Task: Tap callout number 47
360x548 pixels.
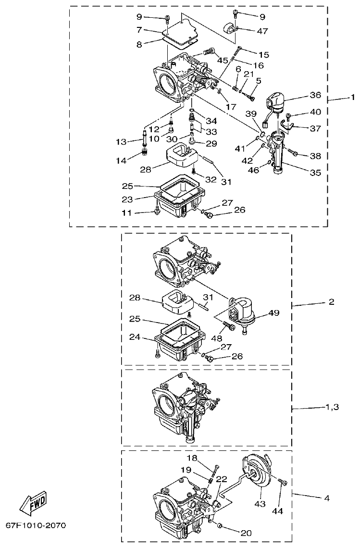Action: point(262,31)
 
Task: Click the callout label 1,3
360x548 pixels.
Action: point(329,407)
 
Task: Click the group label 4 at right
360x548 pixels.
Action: point(326,498)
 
